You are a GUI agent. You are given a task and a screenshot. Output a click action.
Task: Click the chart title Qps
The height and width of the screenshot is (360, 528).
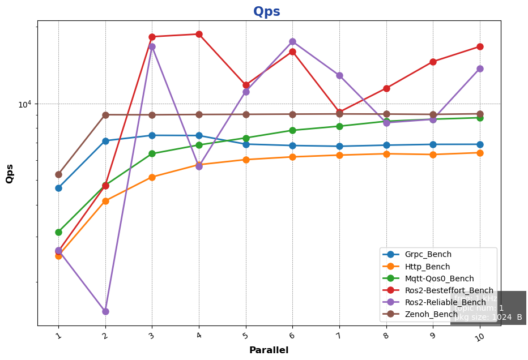(x=266, y=12)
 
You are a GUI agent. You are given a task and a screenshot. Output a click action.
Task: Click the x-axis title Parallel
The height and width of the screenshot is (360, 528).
(x=269, y=350)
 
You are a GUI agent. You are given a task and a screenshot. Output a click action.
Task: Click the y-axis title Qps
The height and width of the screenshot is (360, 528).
(x=10, y=174)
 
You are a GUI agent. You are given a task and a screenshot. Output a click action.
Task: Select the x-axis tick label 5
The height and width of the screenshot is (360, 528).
(x=245, y=337)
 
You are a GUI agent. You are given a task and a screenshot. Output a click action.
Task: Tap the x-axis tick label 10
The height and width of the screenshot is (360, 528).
(x=479, y=338)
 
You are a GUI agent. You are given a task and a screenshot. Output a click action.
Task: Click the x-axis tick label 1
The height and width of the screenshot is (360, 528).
(x=58, y=337)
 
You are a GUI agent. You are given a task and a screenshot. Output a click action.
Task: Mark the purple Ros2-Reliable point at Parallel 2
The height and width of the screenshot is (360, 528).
(x=105, y=311)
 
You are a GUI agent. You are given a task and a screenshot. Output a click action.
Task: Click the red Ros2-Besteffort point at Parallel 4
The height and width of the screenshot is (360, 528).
(x=199, y=34)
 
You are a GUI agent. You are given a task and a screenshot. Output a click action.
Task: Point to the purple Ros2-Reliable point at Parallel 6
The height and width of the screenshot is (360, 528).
(x=292, y=41)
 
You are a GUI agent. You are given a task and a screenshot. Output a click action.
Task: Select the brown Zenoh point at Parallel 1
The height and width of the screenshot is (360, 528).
(x=58, y=174)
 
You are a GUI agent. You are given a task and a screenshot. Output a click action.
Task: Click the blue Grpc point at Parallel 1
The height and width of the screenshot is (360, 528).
(x=58, y=188)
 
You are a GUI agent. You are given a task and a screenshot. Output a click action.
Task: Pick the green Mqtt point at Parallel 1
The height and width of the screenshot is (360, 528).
(x=58, y=232)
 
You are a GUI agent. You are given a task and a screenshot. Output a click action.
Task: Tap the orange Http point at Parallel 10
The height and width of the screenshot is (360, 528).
(x=480, y=153)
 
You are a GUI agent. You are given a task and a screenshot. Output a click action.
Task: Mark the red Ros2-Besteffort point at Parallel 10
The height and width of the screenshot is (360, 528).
(x=480, y=46)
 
